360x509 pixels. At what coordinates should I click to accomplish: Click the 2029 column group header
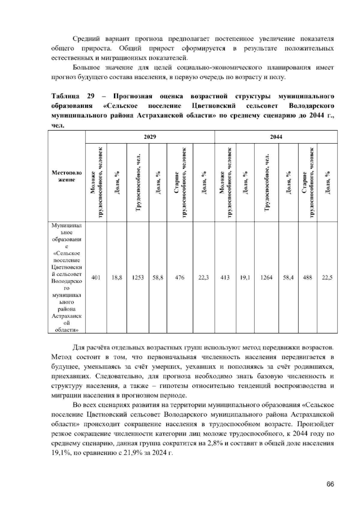point(150,137)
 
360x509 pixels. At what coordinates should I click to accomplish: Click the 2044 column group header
point(276,137)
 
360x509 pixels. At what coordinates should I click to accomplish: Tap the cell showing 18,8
point(117,278)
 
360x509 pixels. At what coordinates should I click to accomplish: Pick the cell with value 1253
point(138,278)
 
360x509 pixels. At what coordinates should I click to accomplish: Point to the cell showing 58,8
point(158,278)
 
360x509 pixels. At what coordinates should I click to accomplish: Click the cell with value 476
point(179,278)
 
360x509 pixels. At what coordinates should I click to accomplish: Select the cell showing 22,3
point(204,278)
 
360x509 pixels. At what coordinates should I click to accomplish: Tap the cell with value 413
point(225,278)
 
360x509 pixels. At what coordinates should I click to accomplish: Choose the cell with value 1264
point(266,278)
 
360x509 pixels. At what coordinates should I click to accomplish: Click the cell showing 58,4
point(288,278)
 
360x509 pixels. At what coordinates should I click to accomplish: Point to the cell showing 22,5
point(327,278)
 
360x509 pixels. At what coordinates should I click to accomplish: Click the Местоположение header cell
point(67,176)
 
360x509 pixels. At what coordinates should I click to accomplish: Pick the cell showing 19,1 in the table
point(245,278)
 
